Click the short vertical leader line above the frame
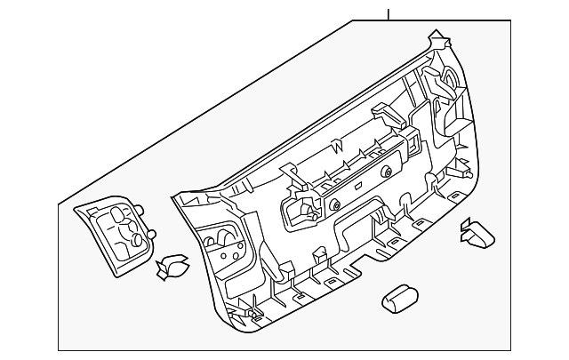pyautogui.click(x=389, y=13)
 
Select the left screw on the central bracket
pyautogui.click(x=335, y=204)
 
